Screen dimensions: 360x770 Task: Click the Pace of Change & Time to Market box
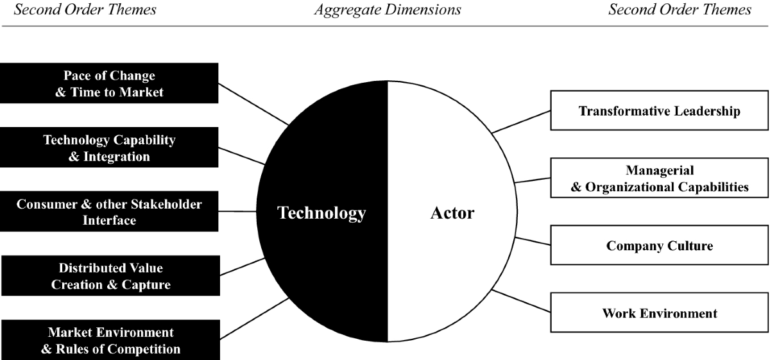(x=109, y=83)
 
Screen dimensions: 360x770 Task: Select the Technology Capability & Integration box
(x=109, y=148)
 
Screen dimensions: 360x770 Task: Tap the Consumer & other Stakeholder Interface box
(x=109, y=212)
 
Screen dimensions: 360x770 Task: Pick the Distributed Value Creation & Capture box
(x=110, y=276)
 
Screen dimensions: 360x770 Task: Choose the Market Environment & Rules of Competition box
(x=110, y=341)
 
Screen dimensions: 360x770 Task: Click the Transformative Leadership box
(x=659, y=111)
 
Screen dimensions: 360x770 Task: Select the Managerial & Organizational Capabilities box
(x=659, y=178)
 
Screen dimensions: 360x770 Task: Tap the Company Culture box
(x=659, y=245)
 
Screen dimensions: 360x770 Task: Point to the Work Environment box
(x=659, y=313)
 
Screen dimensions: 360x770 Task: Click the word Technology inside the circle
(x=321, y=212)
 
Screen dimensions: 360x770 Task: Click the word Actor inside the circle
(x=452, y=212)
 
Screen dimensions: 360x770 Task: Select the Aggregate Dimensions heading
(x=387, y=10)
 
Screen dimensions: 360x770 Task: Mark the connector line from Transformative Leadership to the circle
(x=521, y=121)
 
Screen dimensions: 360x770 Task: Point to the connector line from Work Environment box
(x=521, y=302)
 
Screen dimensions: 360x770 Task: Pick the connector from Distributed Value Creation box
(x=243, y=267)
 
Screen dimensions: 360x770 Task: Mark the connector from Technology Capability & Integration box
(x=242, y=156)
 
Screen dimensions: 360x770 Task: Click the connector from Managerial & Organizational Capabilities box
(x=533, y=180)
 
